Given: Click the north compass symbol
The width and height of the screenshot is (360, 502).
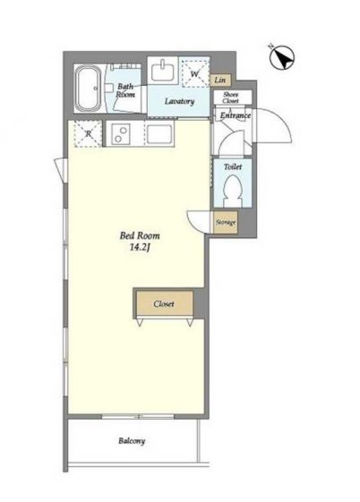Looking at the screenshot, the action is click(282, 57).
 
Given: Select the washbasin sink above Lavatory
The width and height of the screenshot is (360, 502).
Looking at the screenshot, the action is click(163, 71).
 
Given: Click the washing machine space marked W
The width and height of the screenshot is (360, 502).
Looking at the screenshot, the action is click(194, 72).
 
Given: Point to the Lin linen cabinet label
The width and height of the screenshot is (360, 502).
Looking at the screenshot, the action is click(220, 80).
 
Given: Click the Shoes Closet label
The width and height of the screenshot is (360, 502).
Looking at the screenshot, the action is click(231, 98).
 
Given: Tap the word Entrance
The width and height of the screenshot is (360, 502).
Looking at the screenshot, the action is click(236, 115).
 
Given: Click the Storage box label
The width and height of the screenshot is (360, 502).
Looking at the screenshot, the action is click(226, 222).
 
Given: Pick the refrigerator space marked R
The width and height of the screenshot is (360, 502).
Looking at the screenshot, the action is click(88, 134).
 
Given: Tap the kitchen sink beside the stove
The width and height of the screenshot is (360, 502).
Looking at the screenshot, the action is click(159, 134).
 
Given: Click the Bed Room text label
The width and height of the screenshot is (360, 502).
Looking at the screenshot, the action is click(140, 236).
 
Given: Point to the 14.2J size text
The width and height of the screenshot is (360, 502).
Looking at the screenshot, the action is click(140, 248).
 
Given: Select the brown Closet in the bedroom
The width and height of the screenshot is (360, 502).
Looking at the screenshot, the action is click(165, 303).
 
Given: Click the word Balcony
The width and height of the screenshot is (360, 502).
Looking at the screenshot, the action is click(132, 441).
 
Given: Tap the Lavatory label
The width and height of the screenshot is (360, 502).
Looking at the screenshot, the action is click(179, 101).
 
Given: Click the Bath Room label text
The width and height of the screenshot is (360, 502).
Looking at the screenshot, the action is click(125, 90).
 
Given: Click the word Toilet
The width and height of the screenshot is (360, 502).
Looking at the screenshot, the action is click(233, 166).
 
